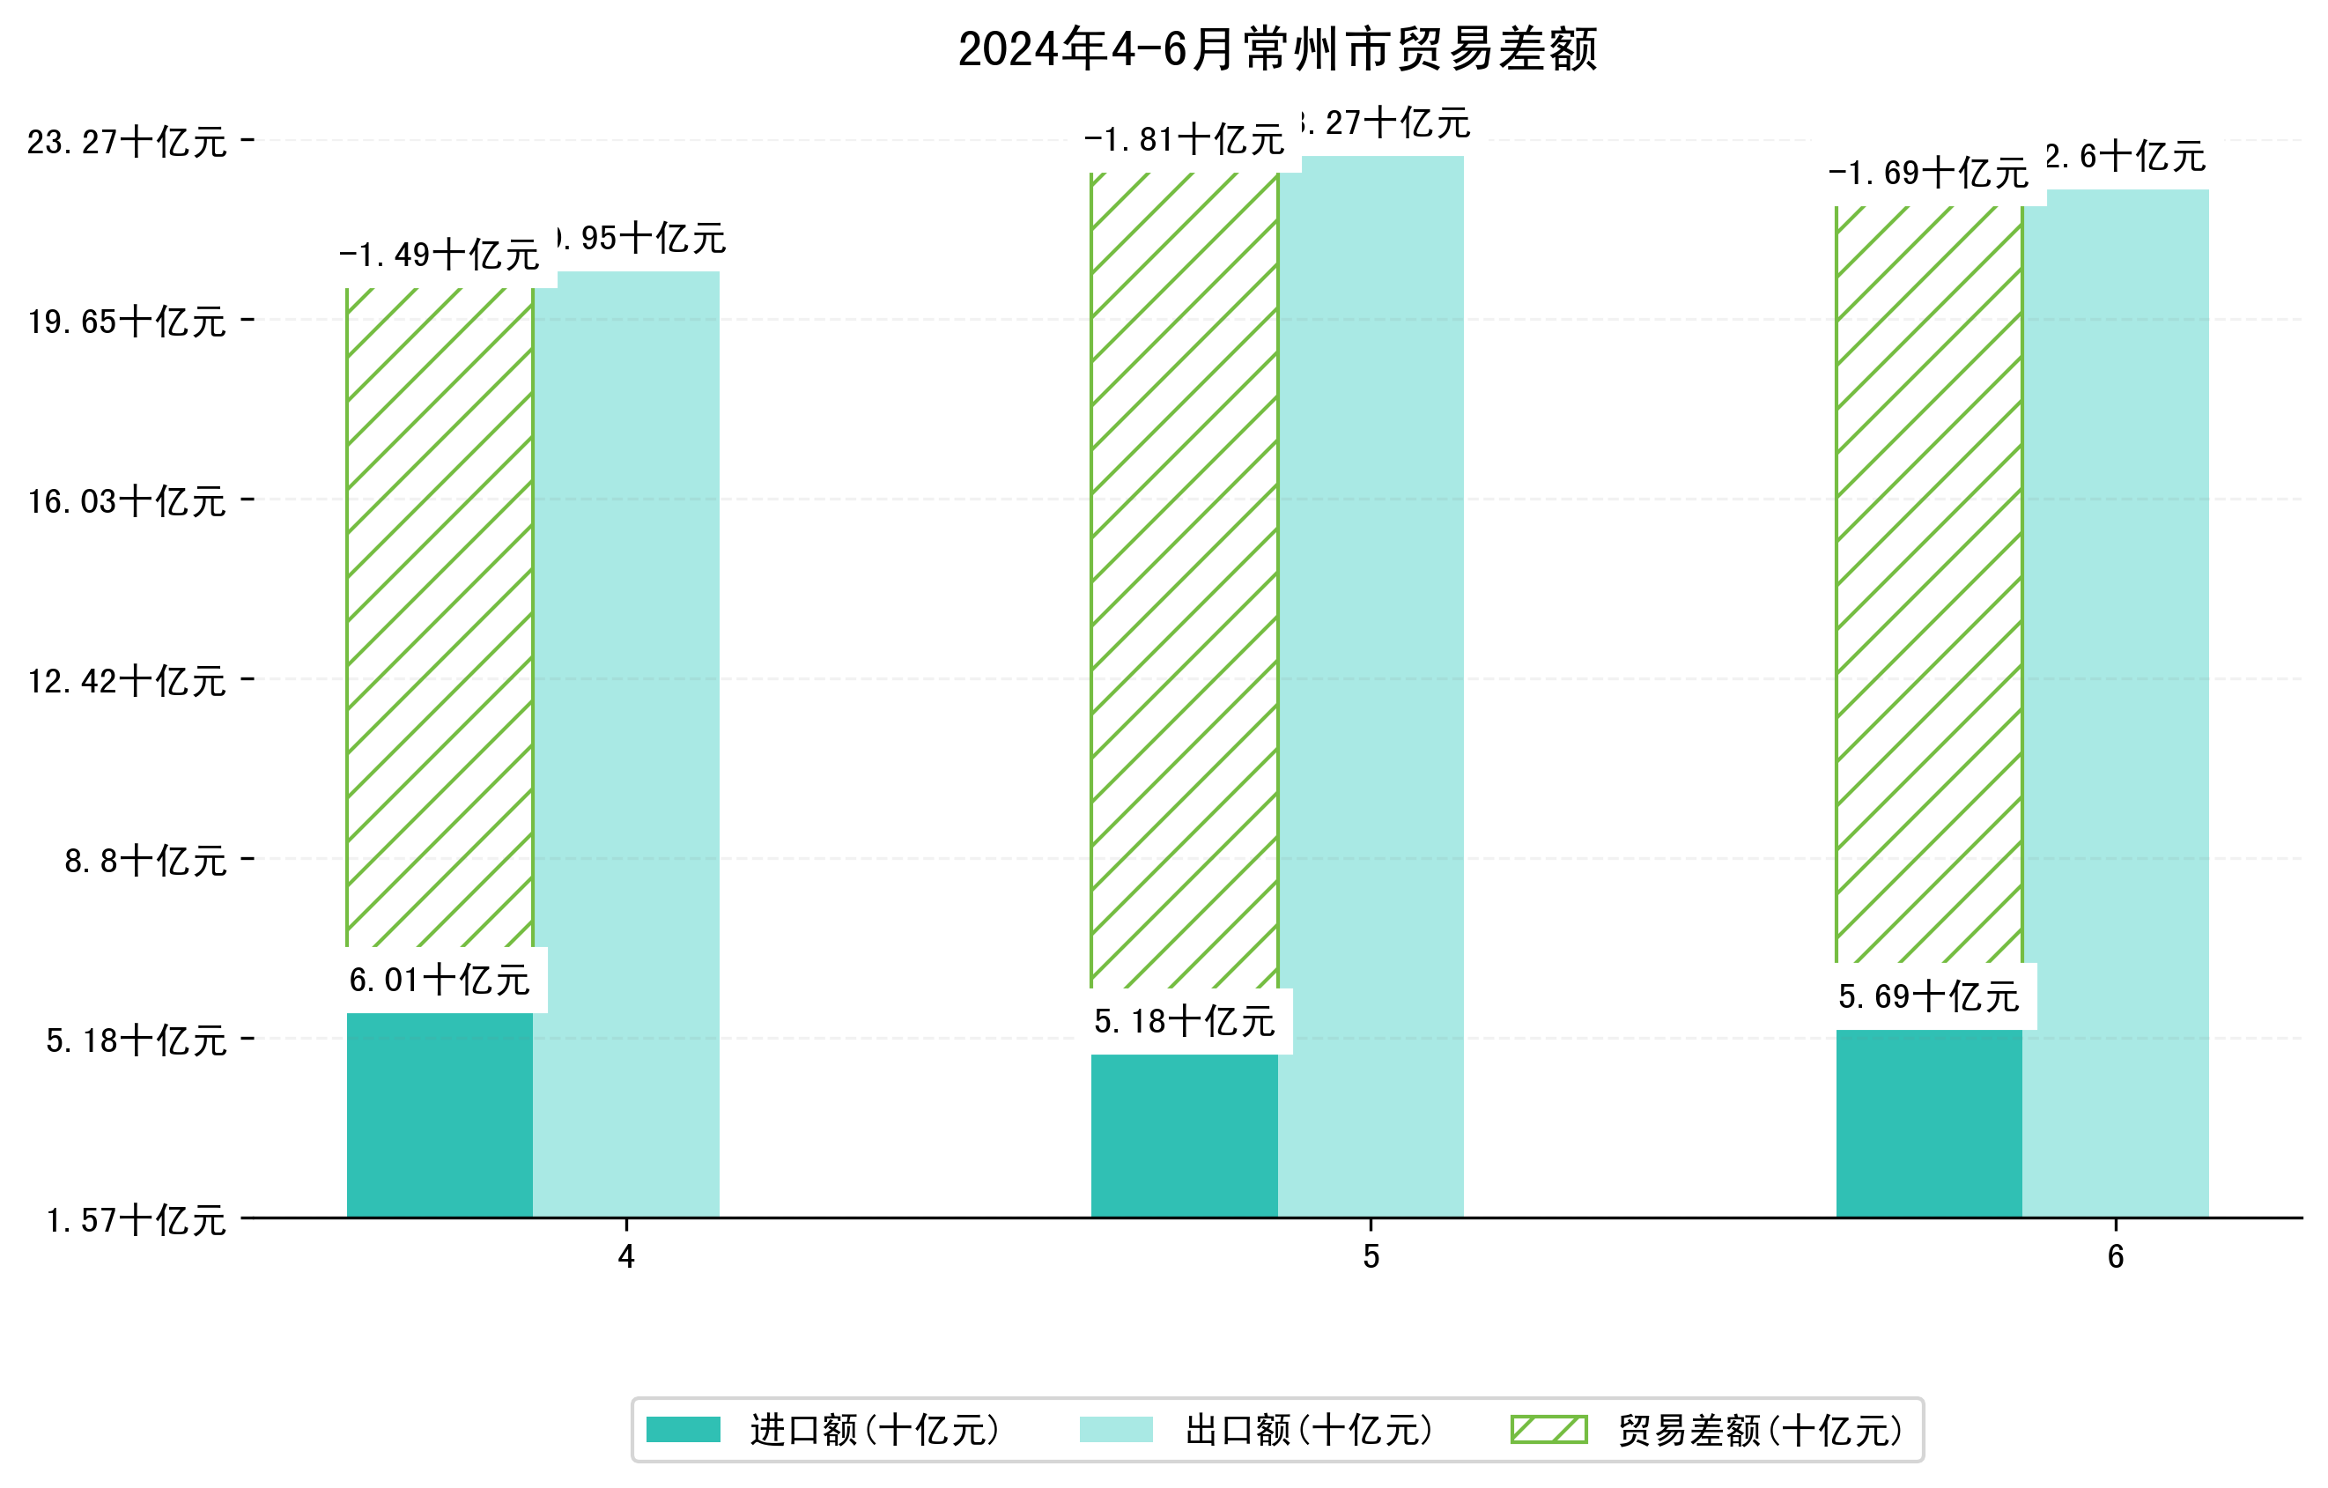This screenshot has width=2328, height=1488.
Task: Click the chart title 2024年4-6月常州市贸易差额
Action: tap(1277, 49)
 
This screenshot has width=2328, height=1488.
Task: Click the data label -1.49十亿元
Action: tap(439, 255)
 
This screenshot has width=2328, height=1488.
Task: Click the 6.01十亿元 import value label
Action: tap(439, 981)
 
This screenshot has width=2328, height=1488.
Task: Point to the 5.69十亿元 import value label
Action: tap(1928, 996)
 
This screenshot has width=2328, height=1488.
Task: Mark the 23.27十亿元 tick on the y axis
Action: tap(127, 142)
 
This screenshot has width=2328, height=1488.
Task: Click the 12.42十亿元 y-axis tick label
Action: tap(127, 681)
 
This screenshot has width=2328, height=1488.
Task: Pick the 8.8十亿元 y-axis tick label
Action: tap(145, 861)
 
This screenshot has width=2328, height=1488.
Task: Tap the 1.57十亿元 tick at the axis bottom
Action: tap(137, 1220)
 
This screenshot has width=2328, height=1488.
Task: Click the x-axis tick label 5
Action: tap(1370, 1257)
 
